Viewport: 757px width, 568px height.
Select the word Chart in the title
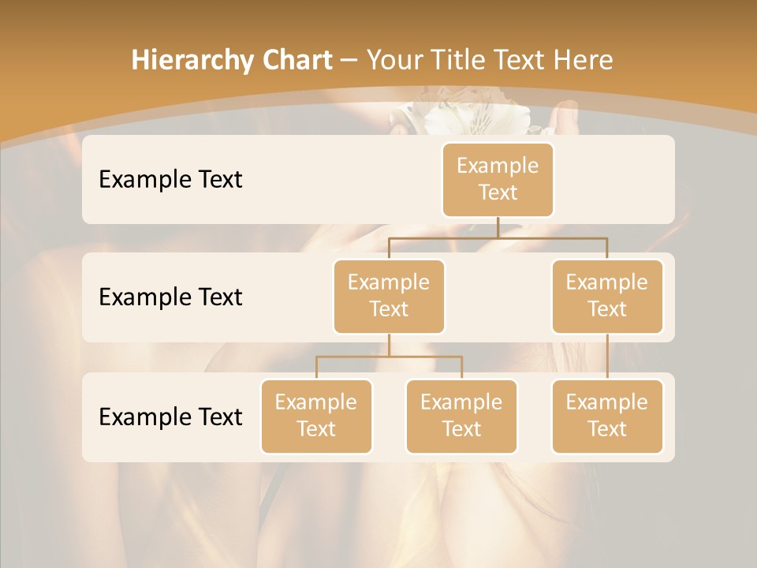tap(296, 60)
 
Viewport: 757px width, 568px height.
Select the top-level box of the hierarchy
tap(498, 179)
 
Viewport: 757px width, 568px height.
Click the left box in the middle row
tap(389, 296)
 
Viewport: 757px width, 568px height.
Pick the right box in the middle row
tap(607, 296)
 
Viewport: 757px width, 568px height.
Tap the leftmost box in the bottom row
tap(316, 416)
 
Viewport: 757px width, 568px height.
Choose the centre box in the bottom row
tap(461, 416)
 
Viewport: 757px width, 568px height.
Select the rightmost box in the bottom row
tap(607, 416)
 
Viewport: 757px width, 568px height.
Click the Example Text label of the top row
tap(170, 179)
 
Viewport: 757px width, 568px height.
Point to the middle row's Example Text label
tap(170, 297)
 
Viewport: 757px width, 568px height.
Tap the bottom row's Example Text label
tap(170, 417)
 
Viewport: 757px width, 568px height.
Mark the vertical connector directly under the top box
tap(498, 227)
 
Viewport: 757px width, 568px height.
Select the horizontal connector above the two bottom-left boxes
tap(389, 357)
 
